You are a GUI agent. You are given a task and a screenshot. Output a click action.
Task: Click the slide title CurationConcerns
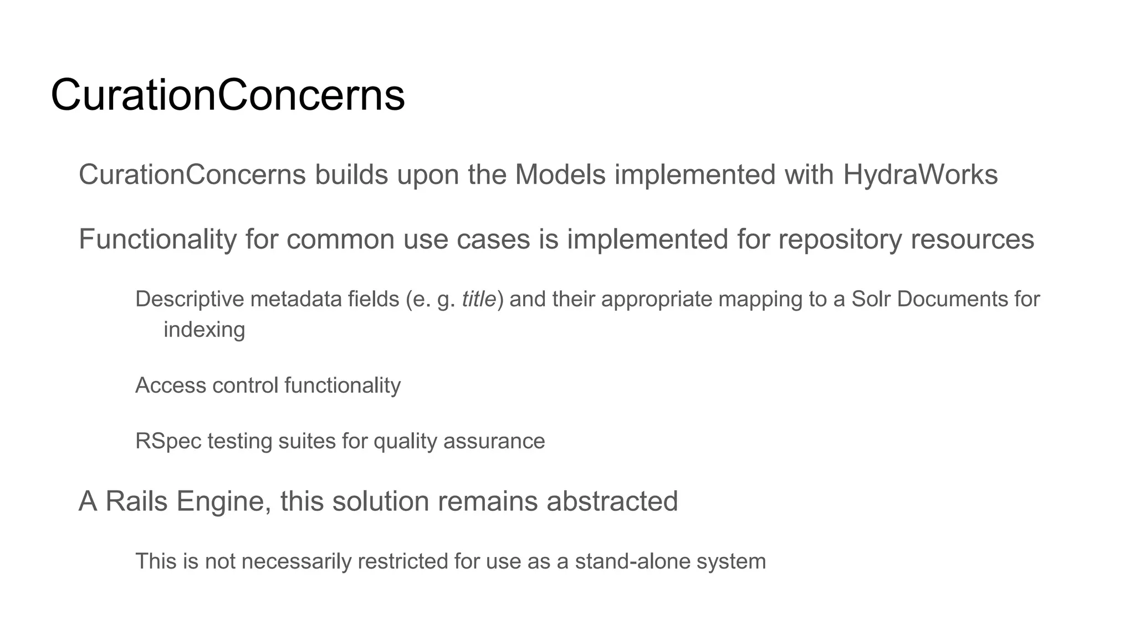227,95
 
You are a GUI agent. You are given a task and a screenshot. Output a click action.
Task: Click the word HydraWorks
920,175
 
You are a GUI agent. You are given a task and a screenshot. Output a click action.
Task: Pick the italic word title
479,300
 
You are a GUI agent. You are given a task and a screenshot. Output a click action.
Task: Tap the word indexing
204,330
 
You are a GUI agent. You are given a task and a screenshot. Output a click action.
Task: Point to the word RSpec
168,442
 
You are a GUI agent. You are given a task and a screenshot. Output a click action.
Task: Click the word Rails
136,501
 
